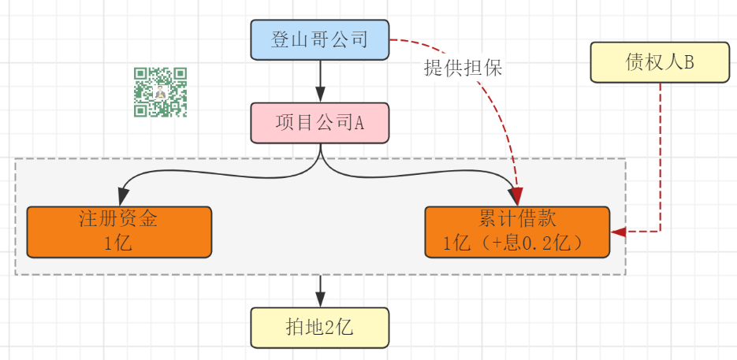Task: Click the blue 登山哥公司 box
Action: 320,40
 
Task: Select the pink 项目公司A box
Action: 320,123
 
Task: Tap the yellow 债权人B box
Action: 660,63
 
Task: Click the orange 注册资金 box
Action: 119,232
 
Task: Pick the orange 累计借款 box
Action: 517,232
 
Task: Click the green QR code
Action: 161,92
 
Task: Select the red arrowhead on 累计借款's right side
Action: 619,232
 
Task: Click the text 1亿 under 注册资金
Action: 118,243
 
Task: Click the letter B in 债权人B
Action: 689,63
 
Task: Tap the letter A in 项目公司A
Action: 359,123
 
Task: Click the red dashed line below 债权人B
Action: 660,158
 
